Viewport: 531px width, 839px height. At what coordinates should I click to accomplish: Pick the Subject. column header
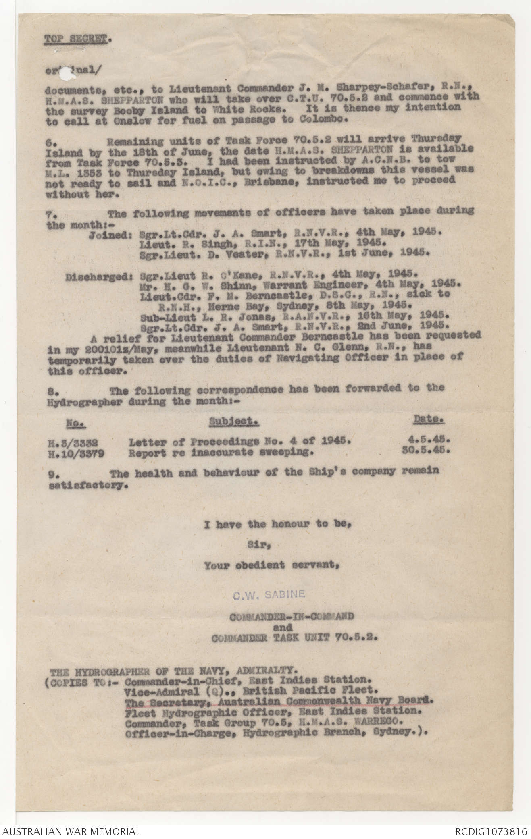234,422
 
